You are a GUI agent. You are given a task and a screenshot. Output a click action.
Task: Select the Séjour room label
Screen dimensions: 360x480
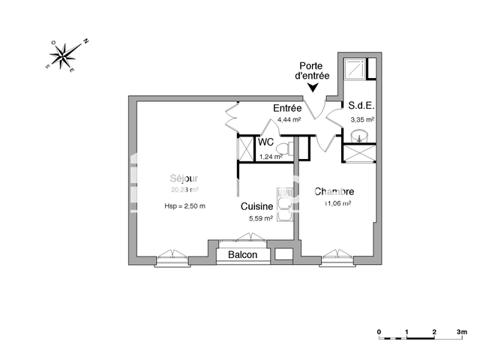[183, 178]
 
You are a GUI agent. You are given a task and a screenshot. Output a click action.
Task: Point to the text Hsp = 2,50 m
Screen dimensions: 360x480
[184, 205]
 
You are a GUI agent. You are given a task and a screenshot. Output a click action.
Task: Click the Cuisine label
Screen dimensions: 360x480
[256, 206]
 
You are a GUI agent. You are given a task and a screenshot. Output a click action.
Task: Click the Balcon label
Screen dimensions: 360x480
[242, 255]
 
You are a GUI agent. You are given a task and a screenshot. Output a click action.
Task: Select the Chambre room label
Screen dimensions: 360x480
[334, 191]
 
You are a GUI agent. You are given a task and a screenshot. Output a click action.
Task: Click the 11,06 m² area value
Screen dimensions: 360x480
[337, 203]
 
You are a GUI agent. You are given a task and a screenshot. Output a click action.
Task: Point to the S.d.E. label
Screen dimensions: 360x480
[361, 107]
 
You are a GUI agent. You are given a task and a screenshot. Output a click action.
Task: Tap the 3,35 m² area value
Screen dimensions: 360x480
[361, 119]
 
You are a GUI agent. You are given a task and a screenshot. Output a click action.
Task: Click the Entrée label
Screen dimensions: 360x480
[287, 108]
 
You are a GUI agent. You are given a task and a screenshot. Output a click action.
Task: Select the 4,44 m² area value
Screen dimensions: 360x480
[289, 119]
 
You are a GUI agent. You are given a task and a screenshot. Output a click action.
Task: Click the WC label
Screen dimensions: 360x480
[265, 142]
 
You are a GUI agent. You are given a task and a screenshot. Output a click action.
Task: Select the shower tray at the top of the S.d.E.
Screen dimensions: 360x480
[354, 69]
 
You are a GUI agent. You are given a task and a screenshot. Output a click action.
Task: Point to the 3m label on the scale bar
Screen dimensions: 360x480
[461, 331]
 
